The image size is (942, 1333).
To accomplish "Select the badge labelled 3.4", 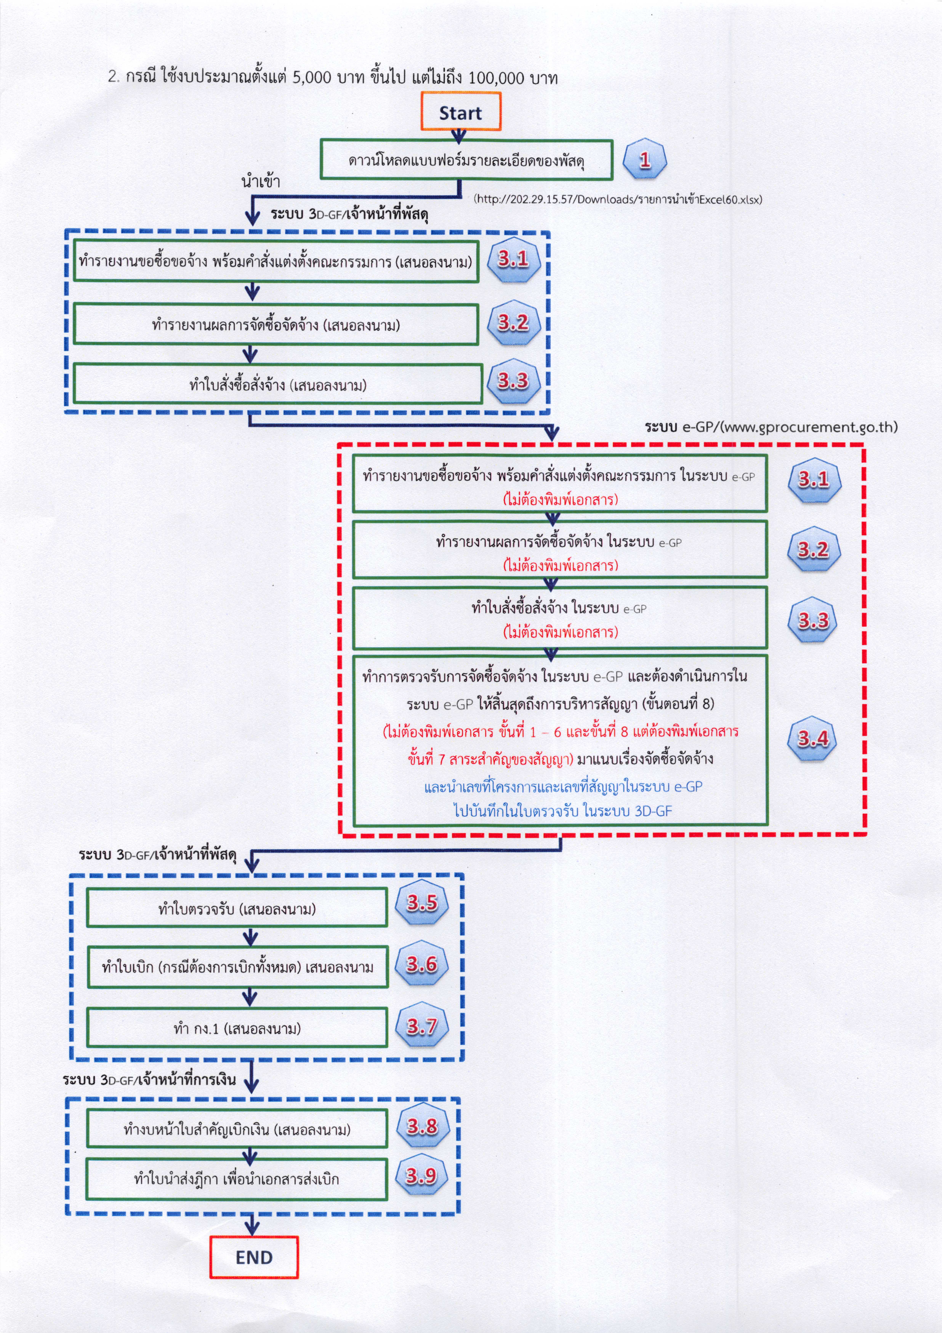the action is pyautogui.click(x=813, y=739).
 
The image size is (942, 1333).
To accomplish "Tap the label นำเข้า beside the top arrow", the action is pyautogui.click(x=261, y=182).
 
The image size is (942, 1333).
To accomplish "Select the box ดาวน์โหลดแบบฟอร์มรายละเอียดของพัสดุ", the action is pyautogui.click(x=466, y=160).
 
